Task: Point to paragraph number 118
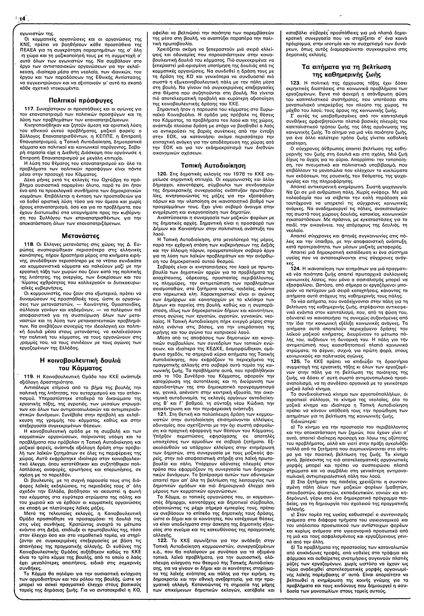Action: point(36,244)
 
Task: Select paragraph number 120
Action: point(163,174)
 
